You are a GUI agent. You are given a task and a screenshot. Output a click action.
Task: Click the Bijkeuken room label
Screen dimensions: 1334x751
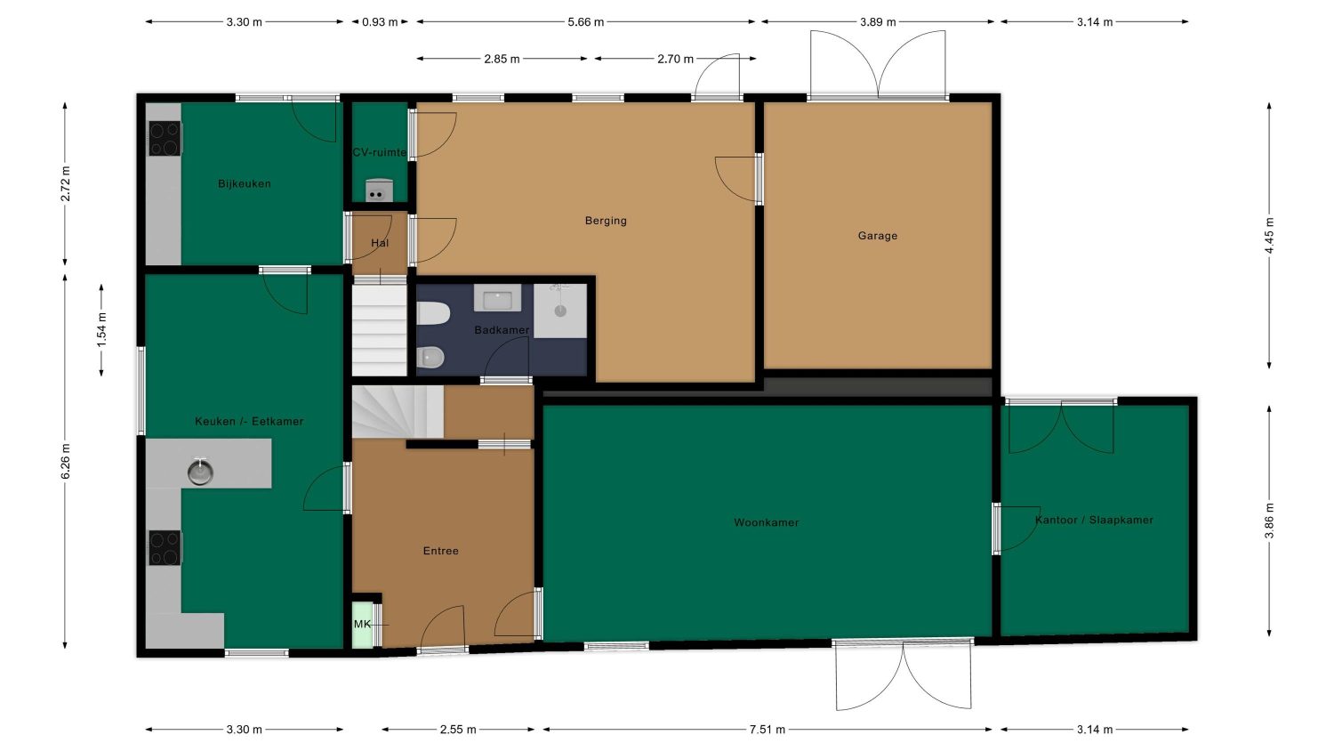click(245, 183)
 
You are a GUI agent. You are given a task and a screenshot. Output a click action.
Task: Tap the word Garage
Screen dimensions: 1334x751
click(877, 236)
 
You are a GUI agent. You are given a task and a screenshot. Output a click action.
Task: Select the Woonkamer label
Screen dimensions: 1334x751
click(766, 522)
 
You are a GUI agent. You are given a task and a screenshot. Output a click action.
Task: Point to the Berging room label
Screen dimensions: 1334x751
click(606, 221)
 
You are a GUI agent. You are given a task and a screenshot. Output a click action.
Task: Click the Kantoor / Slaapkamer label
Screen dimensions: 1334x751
click(1094, 520)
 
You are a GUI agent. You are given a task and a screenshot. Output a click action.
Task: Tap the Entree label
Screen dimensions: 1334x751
click(441, 551)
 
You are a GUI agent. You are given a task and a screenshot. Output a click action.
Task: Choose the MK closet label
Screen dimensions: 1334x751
click(362, 624)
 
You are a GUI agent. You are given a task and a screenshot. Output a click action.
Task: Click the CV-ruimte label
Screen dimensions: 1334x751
click(380, 152)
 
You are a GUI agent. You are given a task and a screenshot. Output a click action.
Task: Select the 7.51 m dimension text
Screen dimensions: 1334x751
click(767, 729)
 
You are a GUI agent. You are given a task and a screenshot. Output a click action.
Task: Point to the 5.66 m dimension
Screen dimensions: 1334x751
click(585, 22)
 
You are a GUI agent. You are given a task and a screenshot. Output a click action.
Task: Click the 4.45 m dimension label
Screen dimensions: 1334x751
click(1269, 236)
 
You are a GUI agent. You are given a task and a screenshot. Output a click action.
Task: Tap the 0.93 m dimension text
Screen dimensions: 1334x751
click(380, 22)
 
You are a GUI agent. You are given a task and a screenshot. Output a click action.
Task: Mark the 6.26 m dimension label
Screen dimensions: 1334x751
click(66, 461)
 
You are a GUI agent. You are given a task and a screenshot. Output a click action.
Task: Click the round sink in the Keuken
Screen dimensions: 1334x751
click(200, 472)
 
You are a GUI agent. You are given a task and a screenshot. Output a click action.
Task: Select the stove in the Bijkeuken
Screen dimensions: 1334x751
click(165, 138)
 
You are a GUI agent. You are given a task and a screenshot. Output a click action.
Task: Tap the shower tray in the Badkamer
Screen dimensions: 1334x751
click(559, 311)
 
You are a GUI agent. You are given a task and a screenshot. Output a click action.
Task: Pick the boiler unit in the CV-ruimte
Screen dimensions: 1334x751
click(379, 190)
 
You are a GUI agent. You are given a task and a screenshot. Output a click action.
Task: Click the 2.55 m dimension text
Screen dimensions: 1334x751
click(458, 729)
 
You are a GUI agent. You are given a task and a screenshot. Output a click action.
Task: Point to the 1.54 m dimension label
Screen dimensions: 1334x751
click(101, 330)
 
